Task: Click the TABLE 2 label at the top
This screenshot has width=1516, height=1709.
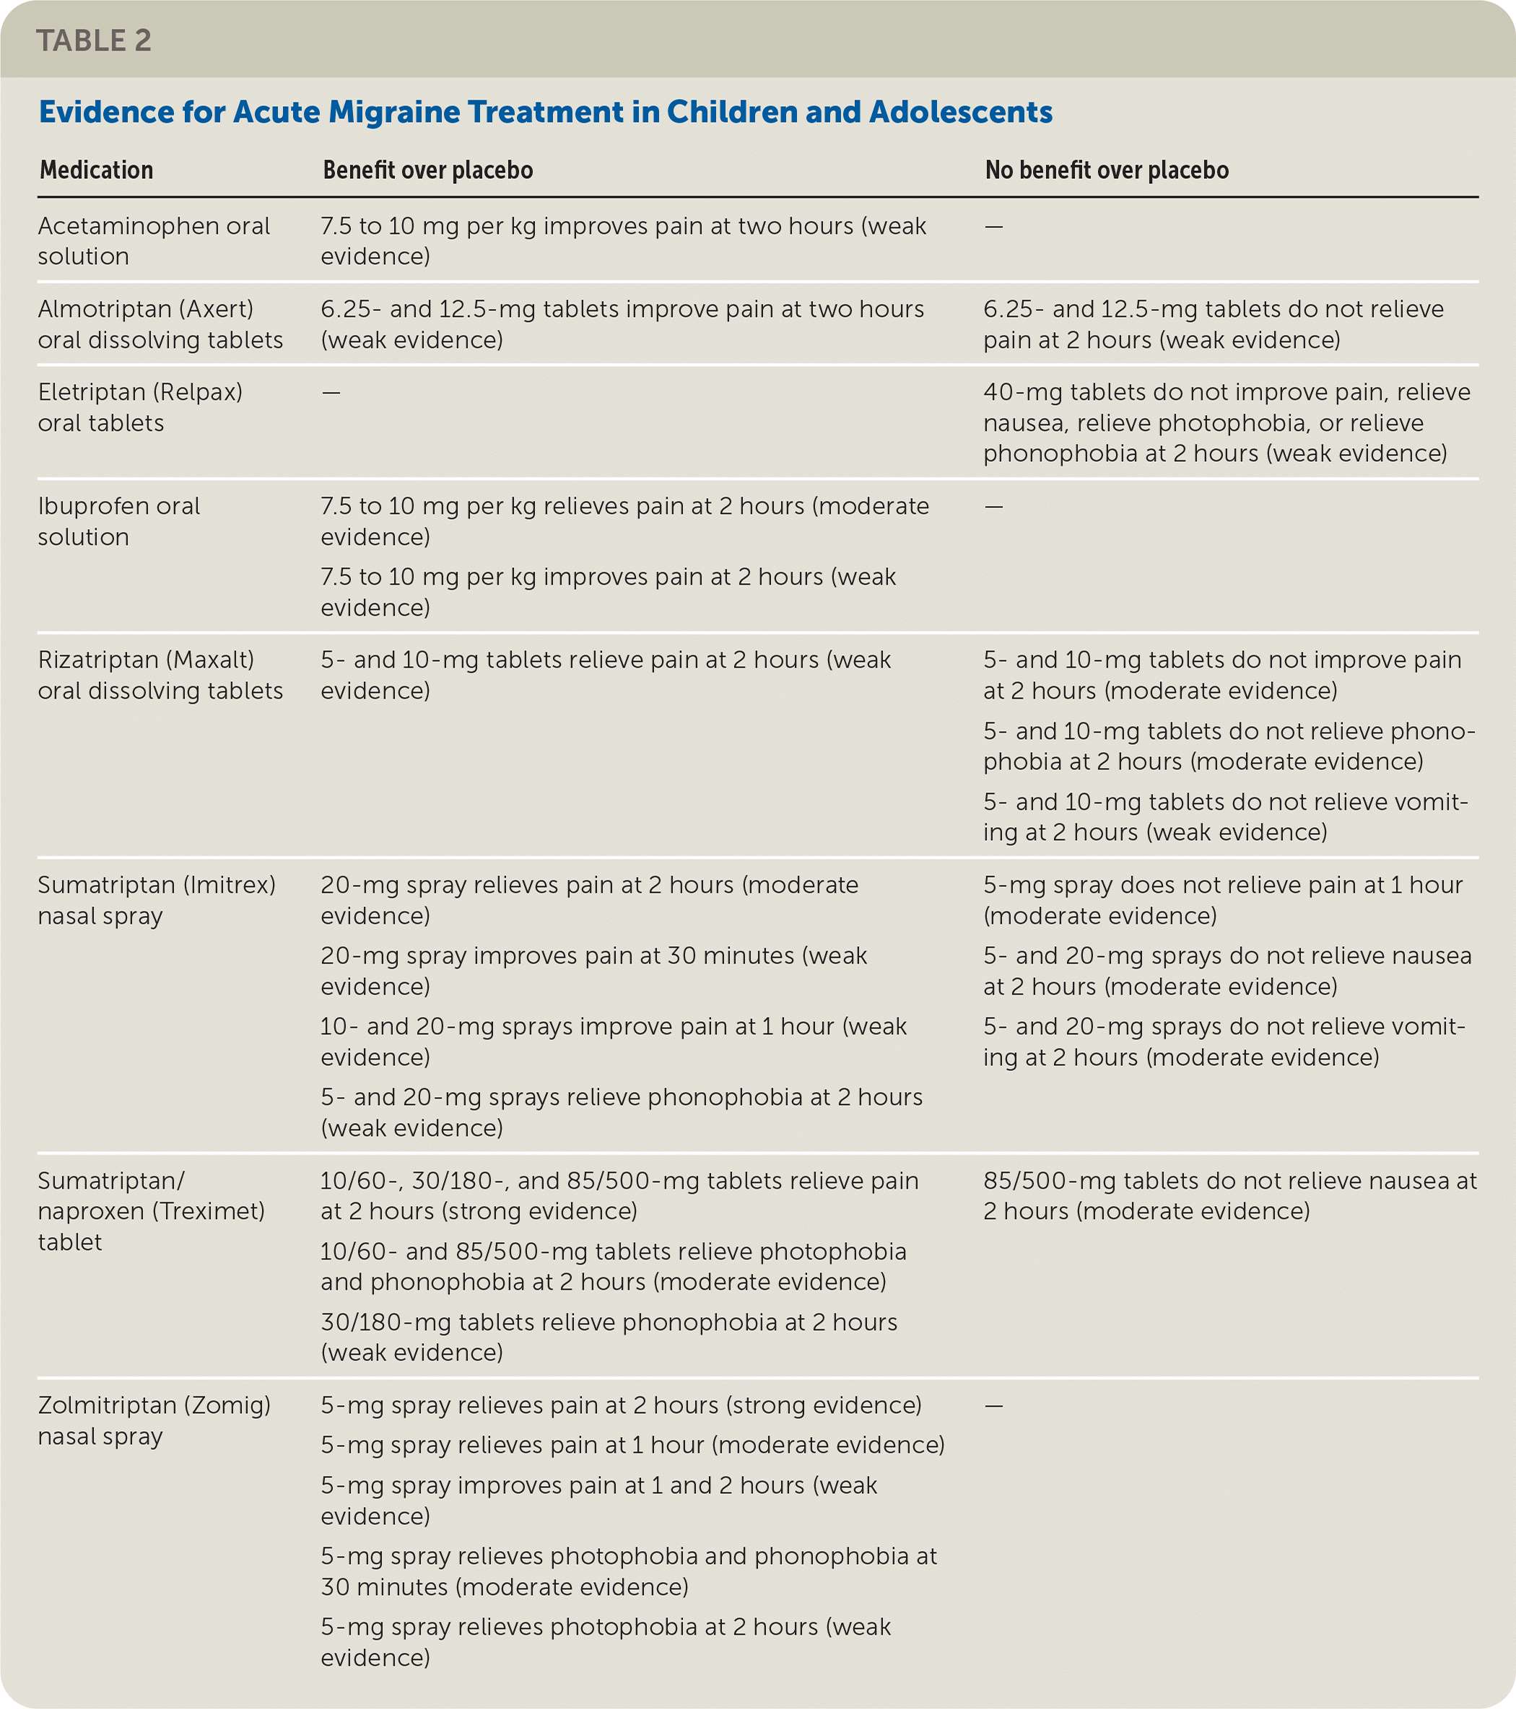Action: tap(94, 40)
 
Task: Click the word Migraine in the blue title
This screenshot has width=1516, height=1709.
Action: tap(392, 112)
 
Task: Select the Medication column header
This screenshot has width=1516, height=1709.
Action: tap(96, 170)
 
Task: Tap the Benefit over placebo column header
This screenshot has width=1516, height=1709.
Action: tap(427, 170)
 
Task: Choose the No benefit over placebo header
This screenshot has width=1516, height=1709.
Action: tap(1106, 170)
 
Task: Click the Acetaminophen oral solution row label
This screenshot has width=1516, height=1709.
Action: tap(153, 241)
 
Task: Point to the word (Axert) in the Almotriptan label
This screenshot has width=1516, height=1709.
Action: tap(216, 310)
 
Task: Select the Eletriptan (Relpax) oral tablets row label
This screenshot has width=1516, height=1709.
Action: tap(139, 407)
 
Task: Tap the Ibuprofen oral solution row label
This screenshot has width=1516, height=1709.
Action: tap(118, 521)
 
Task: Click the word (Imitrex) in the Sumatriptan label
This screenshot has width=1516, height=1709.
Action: tap(231, 885)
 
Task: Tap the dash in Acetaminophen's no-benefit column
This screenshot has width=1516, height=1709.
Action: tap(993, 227)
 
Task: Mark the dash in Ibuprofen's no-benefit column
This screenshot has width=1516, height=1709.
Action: tap(993, 507)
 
